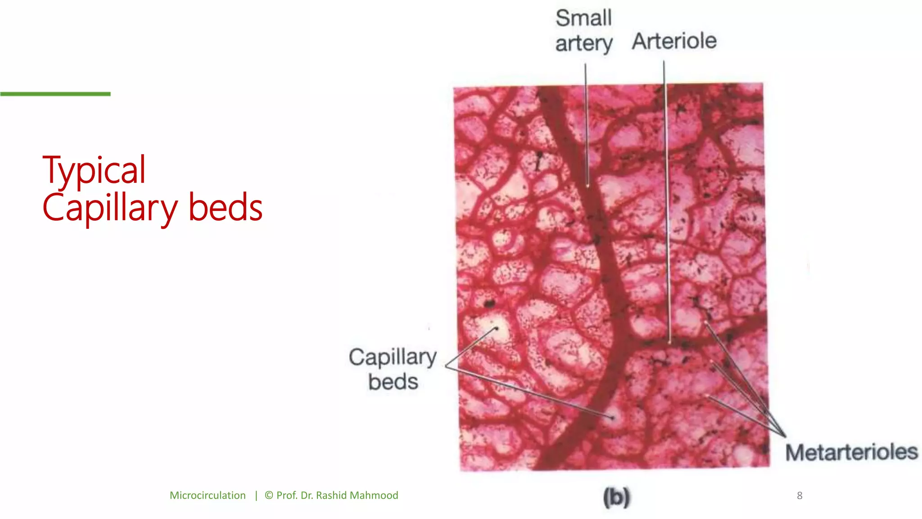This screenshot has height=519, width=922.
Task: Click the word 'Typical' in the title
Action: (x=94, y=170)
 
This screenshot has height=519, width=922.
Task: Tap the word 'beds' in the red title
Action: (x=225, y=208)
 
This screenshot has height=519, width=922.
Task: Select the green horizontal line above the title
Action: (x=55, y=94)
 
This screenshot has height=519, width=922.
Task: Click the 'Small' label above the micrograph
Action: (x=583, y=18)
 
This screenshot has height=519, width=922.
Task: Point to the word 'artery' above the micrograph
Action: (x=583, y=44)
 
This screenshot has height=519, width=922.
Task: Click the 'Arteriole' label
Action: (x=674, y=41)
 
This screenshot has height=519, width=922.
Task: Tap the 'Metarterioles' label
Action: (x=851, y=452)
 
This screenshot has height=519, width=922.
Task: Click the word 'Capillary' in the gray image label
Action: (x=393, y=357)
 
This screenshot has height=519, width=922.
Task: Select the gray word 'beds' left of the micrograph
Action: (x=393, y=382)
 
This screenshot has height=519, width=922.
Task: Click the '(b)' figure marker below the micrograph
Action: (x=616, y=497)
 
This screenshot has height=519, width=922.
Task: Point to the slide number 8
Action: (x=800, y=496)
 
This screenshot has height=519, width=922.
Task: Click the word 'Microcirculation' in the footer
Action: (x=208, y=496)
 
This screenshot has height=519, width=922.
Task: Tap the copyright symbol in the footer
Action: (x=269, y=496)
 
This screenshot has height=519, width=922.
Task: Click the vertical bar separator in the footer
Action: (x=256, y=496)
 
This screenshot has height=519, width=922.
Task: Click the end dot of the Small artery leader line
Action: (x=588, y=185)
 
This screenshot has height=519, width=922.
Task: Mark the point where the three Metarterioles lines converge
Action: (x=785, y=436)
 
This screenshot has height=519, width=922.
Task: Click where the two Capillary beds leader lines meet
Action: (x=446, y=366)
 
